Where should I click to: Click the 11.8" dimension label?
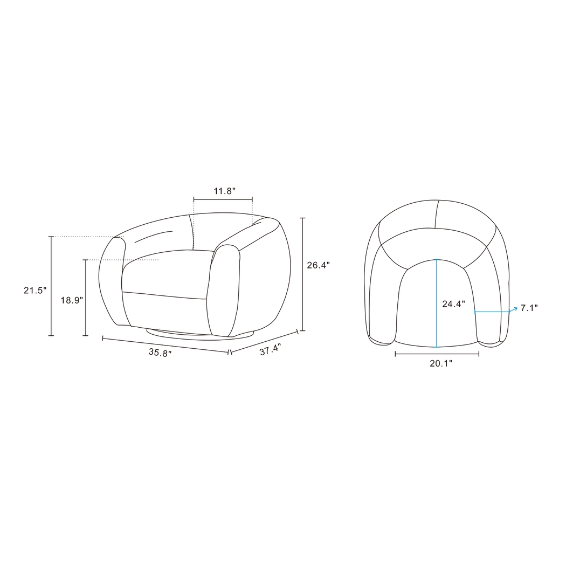[225, 191]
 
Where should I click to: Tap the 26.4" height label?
[319, 265]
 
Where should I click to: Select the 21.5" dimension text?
[36, 290]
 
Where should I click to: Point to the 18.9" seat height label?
[72, 300]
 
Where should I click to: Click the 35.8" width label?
[160, 353]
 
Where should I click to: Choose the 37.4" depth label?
[271, 349]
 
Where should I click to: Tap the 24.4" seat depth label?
[454, 304]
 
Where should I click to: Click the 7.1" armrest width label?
[529, 308]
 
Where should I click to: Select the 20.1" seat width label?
[441, 363]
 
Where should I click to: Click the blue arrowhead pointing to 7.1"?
[515, 309]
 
